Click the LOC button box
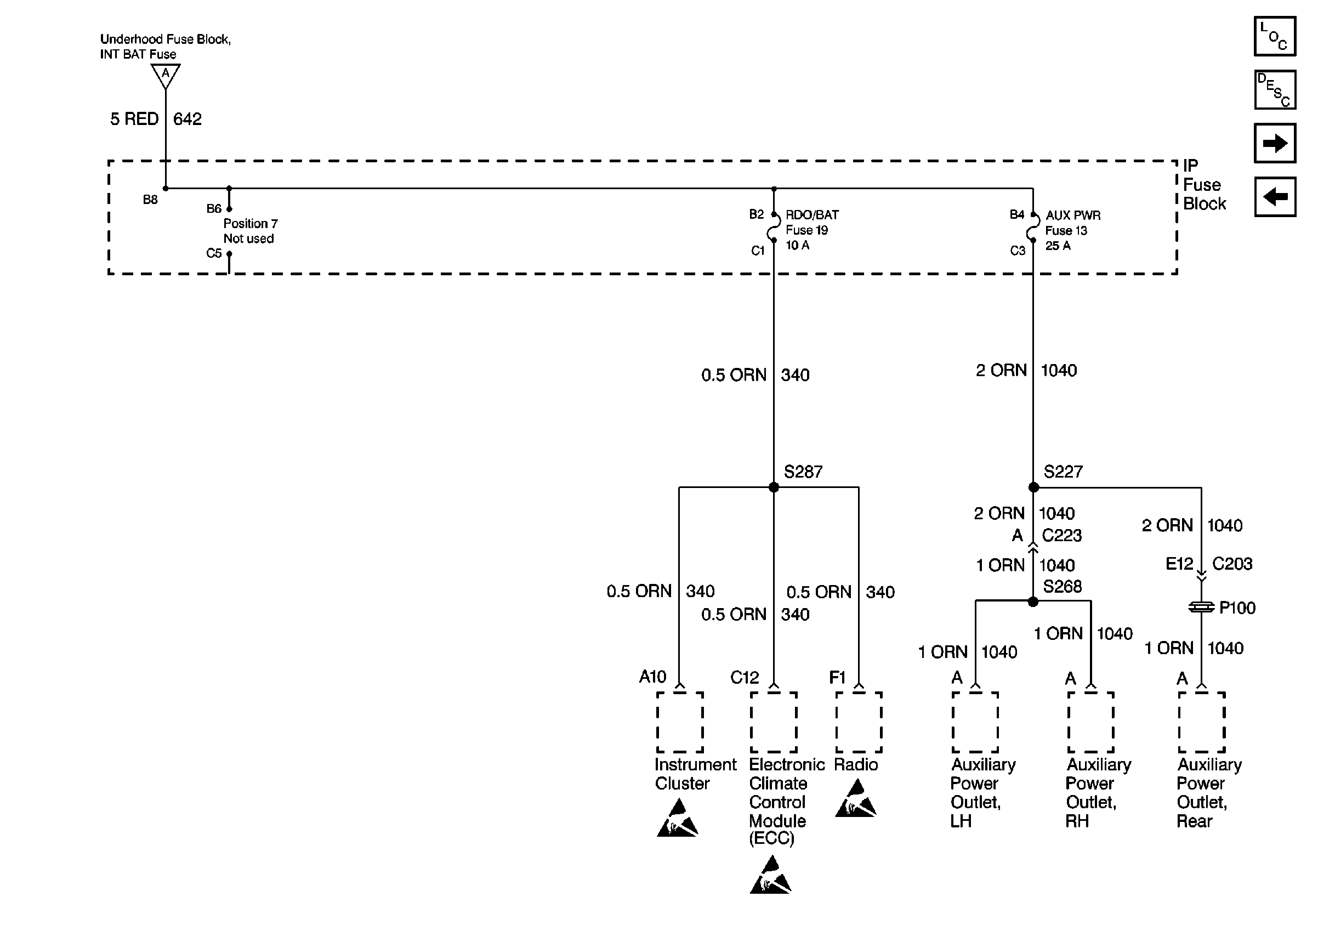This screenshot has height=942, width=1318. click(1275, 37)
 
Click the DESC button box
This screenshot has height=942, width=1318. click(1275, 90)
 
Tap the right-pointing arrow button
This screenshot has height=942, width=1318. click(1275, 143)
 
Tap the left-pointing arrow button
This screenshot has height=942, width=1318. click(1275, 197)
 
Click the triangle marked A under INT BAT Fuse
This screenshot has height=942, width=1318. click(166, 75)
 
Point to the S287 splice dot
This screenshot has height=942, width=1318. click(774, 487)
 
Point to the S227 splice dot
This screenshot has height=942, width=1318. click(1033, 487)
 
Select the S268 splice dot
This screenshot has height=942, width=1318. click(1033, 602)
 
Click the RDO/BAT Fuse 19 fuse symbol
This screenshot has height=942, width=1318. click(774, 228)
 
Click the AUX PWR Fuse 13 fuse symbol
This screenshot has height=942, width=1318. click(1033, 228)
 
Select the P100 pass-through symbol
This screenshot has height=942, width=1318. click(1201, 608)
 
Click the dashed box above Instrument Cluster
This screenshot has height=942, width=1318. click(680, 722)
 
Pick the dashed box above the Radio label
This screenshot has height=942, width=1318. click(859, 722)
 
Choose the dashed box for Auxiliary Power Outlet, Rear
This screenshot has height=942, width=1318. click(1201, 722)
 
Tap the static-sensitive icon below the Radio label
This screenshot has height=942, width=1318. click(856, 799)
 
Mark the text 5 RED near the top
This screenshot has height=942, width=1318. click(134, 119)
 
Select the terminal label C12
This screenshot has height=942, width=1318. click(745, 678)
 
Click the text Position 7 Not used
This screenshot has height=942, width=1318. click(250, 231)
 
